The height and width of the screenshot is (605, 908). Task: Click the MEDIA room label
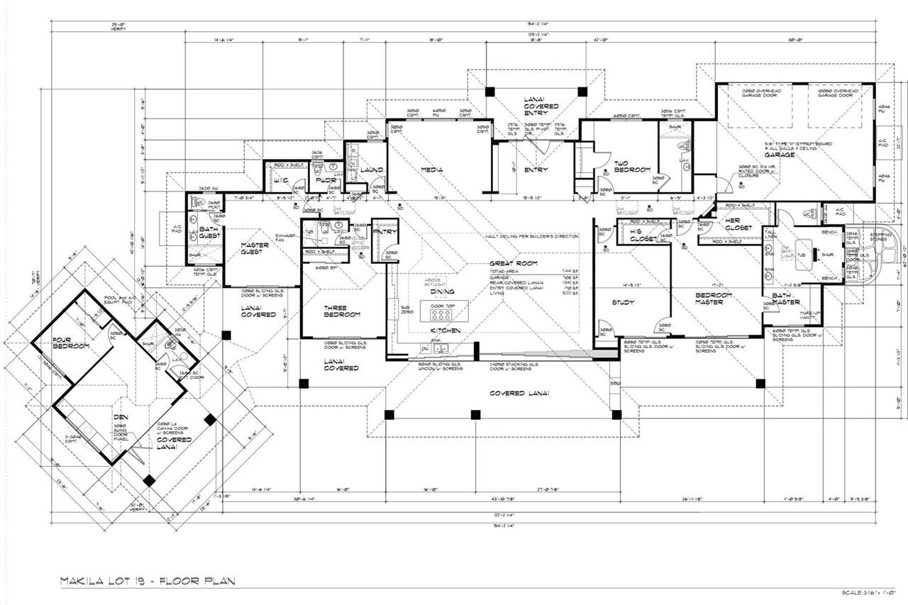[431, 170]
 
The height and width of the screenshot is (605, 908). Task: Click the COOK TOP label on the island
[441, 306]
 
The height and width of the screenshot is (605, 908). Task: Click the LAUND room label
[372, 170]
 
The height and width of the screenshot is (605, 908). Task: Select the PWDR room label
[325, 180]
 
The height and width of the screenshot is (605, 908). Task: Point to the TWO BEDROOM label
[632, 167]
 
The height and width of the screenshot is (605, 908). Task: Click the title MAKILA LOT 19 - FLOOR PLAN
[147, 581]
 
